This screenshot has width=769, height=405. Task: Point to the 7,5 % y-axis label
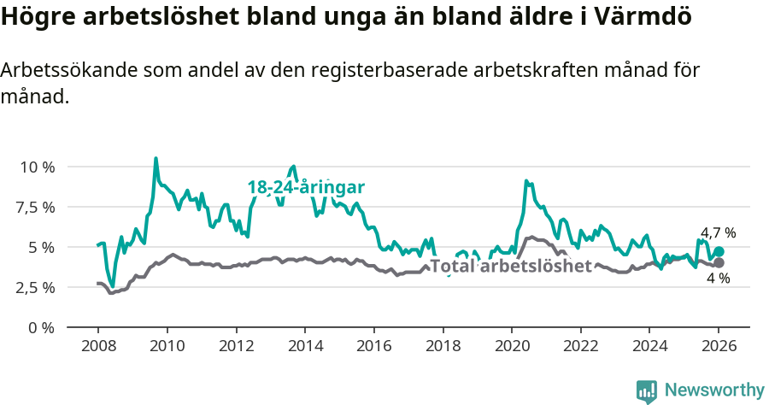[x=36, y=207]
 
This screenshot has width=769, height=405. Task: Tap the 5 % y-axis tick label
[x=42, y=247]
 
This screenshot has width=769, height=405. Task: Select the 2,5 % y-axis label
[x=36, y=287]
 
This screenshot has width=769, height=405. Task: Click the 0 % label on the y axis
[x=42, y=327]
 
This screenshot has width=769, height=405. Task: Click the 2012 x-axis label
[x=236, y=348]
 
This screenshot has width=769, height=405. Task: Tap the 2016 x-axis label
[x=373, y=348]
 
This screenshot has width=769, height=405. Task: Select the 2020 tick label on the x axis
[x=511, y=348]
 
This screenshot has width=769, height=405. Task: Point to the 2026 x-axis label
[x=718, y=348]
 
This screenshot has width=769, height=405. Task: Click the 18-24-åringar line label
[x=306, y=187]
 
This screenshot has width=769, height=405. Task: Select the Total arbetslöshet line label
[x=511, y=266]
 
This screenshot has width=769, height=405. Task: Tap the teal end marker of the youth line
[x=719, y=252]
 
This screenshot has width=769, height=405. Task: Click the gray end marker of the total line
[x=719, y=262]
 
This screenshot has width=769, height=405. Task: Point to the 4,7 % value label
[x=718, y=232]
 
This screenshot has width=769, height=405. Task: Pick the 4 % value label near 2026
[x=718, y=279]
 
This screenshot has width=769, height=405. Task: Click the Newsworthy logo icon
[x=647, y=390]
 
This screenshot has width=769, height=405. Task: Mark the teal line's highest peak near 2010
[x=156, y=158]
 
